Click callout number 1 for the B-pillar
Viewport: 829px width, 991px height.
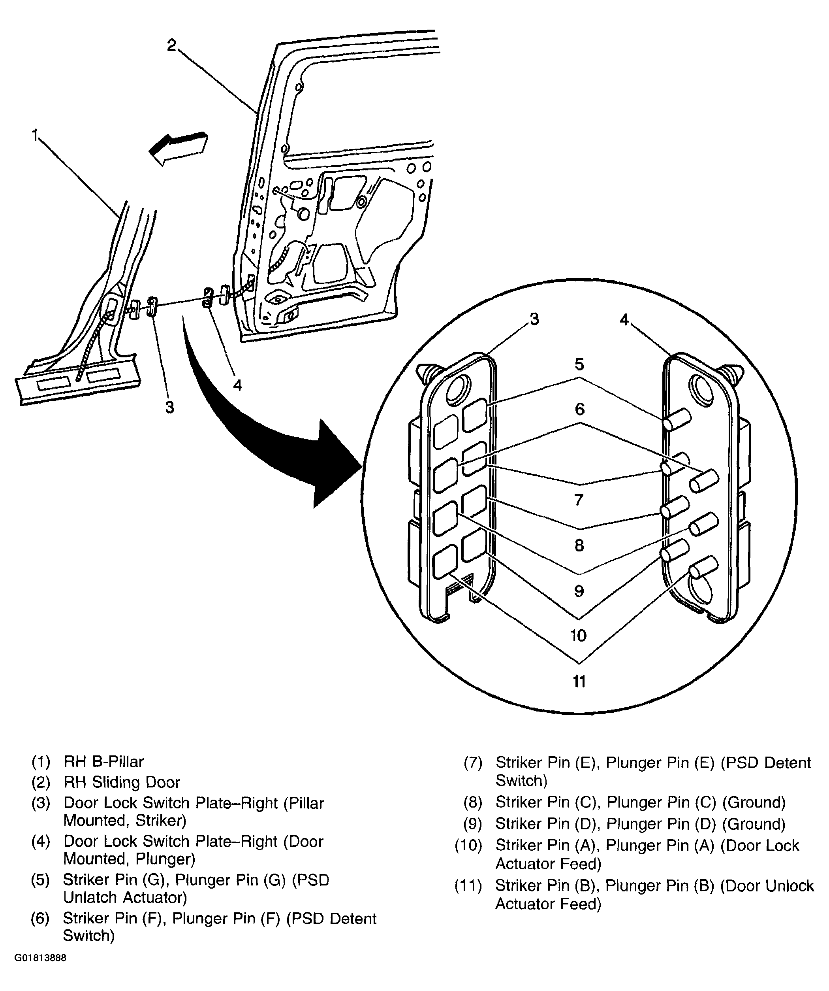pyautogui.click(x=35, y=136)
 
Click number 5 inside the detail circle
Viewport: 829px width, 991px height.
pyautogui.click(x=579, y=364)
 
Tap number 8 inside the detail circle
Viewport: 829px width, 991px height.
pyautogui.click(x=579, y=546)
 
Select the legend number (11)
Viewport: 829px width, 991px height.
pyautogui.click(x=468, y=886)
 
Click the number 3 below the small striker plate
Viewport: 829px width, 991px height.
pyautogui.click(x=170, y=407)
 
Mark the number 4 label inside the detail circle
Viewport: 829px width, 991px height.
pyautogui.click(x=624, y=319)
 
